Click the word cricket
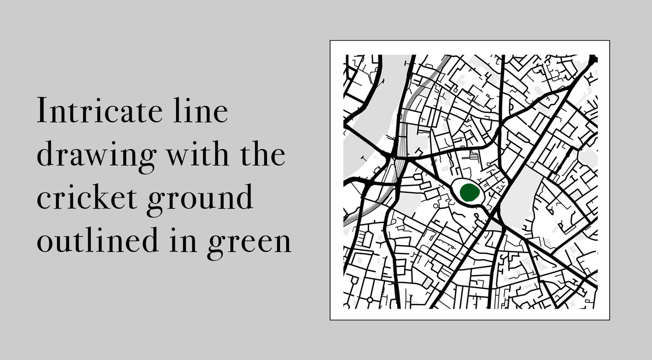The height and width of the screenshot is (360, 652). tap(87, 197)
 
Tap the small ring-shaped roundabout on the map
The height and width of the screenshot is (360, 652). tap(370, 300)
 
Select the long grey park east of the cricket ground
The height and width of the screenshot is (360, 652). tap(517, 201)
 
